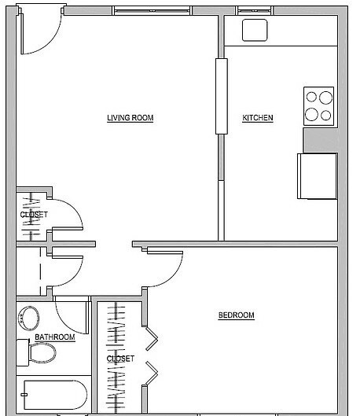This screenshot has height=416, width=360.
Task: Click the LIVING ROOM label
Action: tap(130, 118)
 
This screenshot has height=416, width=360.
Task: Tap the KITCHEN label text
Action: tap(258, 118)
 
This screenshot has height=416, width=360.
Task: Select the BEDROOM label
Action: tap(236, 315)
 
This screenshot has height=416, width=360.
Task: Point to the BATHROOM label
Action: tap(55, 337)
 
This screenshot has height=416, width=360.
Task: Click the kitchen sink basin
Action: tap(255, 30)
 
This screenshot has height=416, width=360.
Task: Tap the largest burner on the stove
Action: tap(325, 98)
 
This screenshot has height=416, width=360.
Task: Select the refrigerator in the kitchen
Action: tap(318, 176)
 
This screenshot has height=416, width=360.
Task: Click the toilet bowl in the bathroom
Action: tap(42, 352)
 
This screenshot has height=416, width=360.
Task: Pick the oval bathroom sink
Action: tap(28, 318)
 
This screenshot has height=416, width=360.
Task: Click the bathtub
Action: tap(55, 395)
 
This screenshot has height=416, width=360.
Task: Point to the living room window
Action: tap(152, 11)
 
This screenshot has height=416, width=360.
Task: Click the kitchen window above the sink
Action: tap(254, 11)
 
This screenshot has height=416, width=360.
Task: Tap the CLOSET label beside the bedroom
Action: tap(120, 359)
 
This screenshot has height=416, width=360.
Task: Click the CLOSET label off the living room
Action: tap(34, 215)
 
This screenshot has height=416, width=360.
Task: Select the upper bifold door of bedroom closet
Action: tap(152, 338)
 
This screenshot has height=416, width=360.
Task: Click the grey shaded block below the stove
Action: tap(321, 140)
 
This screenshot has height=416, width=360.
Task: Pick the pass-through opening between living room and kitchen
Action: tap(222, 96)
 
